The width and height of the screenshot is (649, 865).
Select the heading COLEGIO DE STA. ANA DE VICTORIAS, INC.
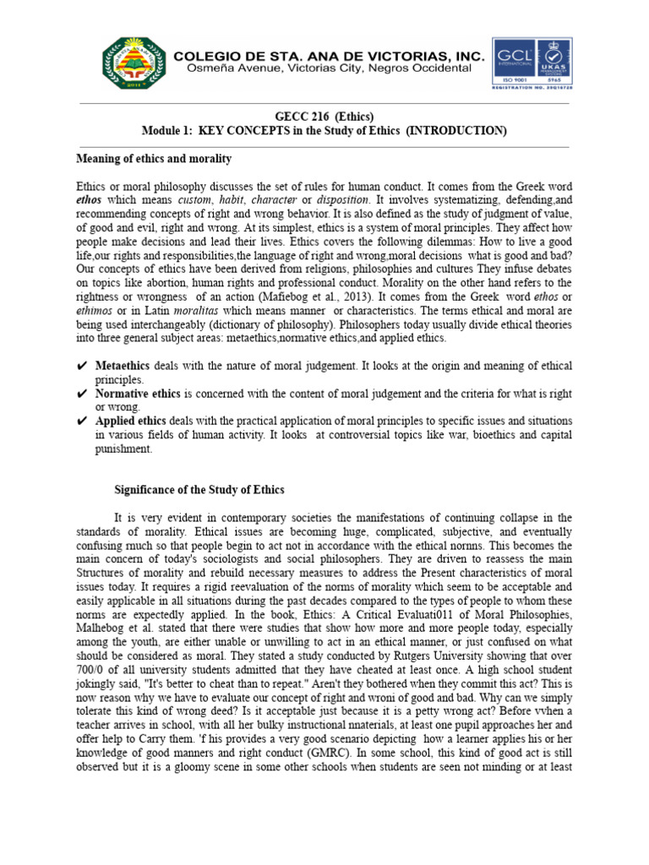(330, 56)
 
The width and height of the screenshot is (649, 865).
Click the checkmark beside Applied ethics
(82, 421)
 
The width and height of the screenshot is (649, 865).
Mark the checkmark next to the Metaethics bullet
(82, 365)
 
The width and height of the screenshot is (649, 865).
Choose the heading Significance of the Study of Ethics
(199, 490)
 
